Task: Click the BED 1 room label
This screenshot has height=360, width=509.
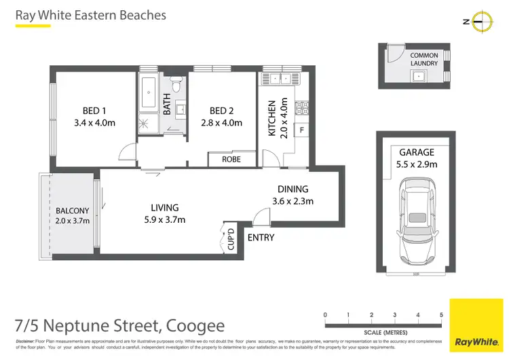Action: click(94, 111)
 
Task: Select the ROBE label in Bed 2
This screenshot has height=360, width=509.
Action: click(231, 160)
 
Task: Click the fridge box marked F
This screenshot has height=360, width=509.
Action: click(301, 129)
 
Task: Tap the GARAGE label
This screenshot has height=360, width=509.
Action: click(416, 153)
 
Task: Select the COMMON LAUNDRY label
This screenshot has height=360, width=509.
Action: click(423, 59)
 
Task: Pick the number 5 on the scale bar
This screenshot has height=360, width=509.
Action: click(441, 315)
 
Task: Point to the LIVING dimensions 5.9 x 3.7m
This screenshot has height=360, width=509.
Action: click(165, 219)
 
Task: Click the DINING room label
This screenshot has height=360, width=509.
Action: click(293, 190)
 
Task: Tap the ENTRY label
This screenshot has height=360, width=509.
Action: click(261, 238)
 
